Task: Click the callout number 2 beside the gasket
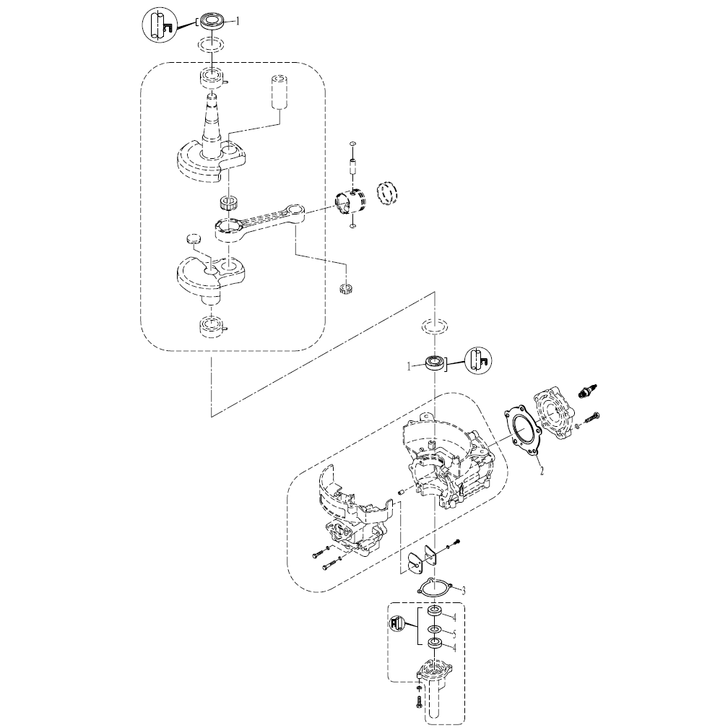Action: tap(540, 469)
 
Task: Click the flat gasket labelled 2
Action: tap(524, 432)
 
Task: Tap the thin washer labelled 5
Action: tap(435, 629)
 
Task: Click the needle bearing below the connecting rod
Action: tap(346, 290)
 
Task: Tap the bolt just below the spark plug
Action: tap(590, 417)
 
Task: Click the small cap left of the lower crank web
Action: tap(191, 238)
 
